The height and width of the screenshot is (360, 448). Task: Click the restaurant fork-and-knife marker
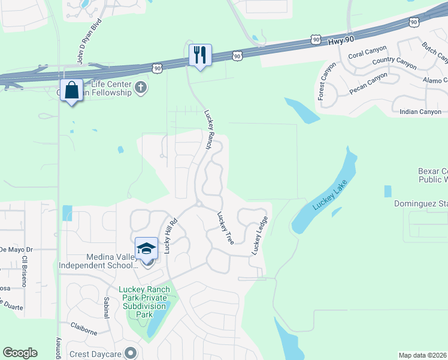pyautogui.click(x=199, y=55)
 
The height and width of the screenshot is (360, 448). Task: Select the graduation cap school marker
pyautogui.click(x=146, y=248)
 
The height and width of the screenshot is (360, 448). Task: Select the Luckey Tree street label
pyautogui.click(x=225, y=227)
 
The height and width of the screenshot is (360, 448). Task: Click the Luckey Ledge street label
pyautogui.click(x=259, y=235)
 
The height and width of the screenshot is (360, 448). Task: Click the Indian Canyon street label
pyautogui.click(x=420, y=112)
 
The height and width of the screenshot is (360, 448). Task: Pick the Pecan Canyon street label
pyautogui.click(x=368, y=84)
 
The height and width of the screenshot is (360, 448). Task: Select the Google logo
pyautogui.click(x=20, y=353)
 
